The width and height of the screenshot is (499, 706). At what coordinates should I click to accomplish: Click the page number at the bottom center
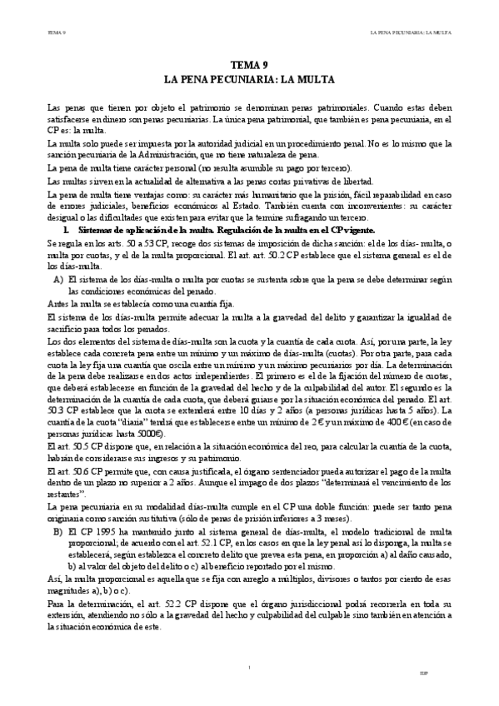click(249, 666)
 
